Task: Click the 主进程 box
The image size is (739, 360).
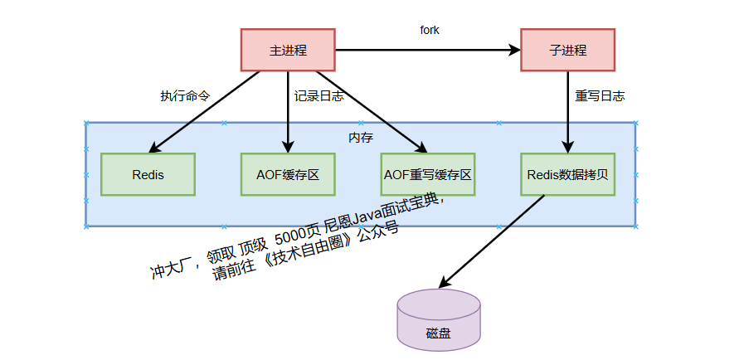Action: point(288,50)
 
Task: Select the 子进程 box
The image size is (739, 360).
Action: point(567,50)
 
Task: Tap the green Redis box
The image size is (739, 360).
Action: point(148,174)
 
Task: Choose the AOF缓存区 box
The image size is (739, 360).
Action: point(288,174)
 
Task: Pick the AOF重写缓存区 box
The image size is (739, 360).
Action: point(427,174)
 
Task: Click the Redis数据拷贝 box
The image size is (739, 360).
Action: point(567,174)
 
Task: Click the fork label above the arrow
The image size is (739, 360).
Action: point(429,30)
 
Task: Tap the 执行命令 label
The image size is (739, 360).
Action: point(185,95)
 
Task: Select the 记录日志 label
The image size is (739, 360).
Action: point(319,95)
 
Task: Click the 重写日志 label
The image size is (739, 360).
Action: point(600,95)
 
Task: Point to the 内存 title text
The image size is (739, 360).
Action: point(360,137)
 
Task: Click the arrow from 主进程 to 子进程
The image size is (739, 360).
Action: point(427,50)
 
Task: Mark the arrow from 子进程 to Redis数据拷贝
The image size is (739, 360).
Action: point(567,112)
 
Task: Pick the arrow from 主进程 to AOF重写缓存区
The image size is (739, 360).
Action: point(365,112)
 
